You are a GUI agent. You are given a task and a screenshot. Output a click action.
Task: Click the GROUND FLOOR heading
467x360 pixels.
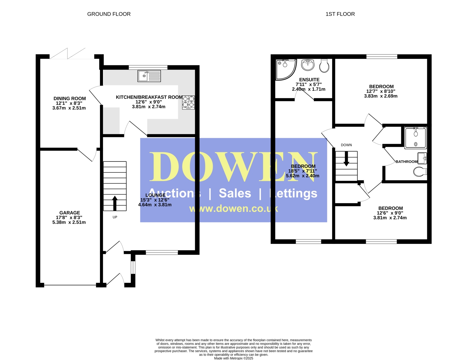(109, 14)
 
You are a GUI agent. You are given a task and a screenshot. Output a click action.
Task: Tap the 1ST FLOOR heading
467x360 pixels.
(340, 14)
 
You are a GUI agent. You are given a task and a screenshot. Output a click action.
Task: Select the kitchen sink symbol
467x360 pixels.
(149, 76)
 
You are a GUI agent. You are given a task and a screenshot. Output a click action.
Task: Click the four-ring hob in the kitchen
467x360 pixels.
(188, 102)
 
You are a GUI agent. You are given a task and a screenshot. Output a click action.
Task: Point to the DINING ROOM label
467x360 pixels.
(70, 99)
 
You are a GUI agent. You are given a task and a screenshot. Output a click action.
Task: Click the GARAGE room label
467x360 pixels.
(70, 213)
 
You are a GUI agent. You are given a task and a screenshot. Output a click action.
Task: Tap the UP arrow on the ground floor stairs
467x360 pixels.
(115, 203)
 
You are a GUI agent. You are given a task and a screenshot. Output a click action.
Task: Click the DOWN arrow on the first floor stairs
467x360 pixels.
(346, 159)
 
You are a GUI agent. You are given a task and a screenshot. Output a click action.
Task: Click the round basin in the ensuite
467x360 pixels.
(308, 65)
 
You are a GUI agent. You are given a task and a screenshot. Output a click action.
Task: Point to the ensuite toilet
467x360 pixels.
(324, 66)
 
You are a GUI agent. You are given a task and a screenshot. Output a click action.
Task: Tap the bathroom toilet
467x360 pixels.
(420, 172)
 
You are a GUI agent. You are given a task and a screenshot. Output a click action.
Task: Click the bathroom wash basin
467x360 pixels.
(422, 158)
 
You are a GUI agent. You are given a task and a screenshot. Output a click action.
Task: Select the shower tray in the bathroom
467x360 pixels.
(415, 138)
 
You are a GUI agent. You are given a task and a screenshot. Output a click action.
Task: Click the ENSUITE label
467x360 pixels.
(309, 80)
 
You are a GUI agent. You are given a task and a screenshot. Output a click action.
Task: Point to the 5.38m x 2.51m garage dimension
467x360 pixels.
(69, 222)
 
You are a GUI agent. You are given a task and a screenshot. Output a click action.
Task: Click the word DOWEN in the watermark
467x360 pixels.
(233, 167)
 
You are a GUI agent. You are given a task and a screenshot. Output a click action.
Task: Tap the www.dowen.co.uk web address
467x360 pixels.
(233, 208)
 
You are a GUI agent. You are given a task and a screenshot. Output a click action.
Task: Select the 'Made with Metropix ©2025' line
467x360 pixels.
(233, 358)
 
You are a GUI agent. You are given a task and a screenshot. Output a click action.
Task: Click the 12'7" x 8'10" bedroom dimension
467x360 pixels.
(381, 91)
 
